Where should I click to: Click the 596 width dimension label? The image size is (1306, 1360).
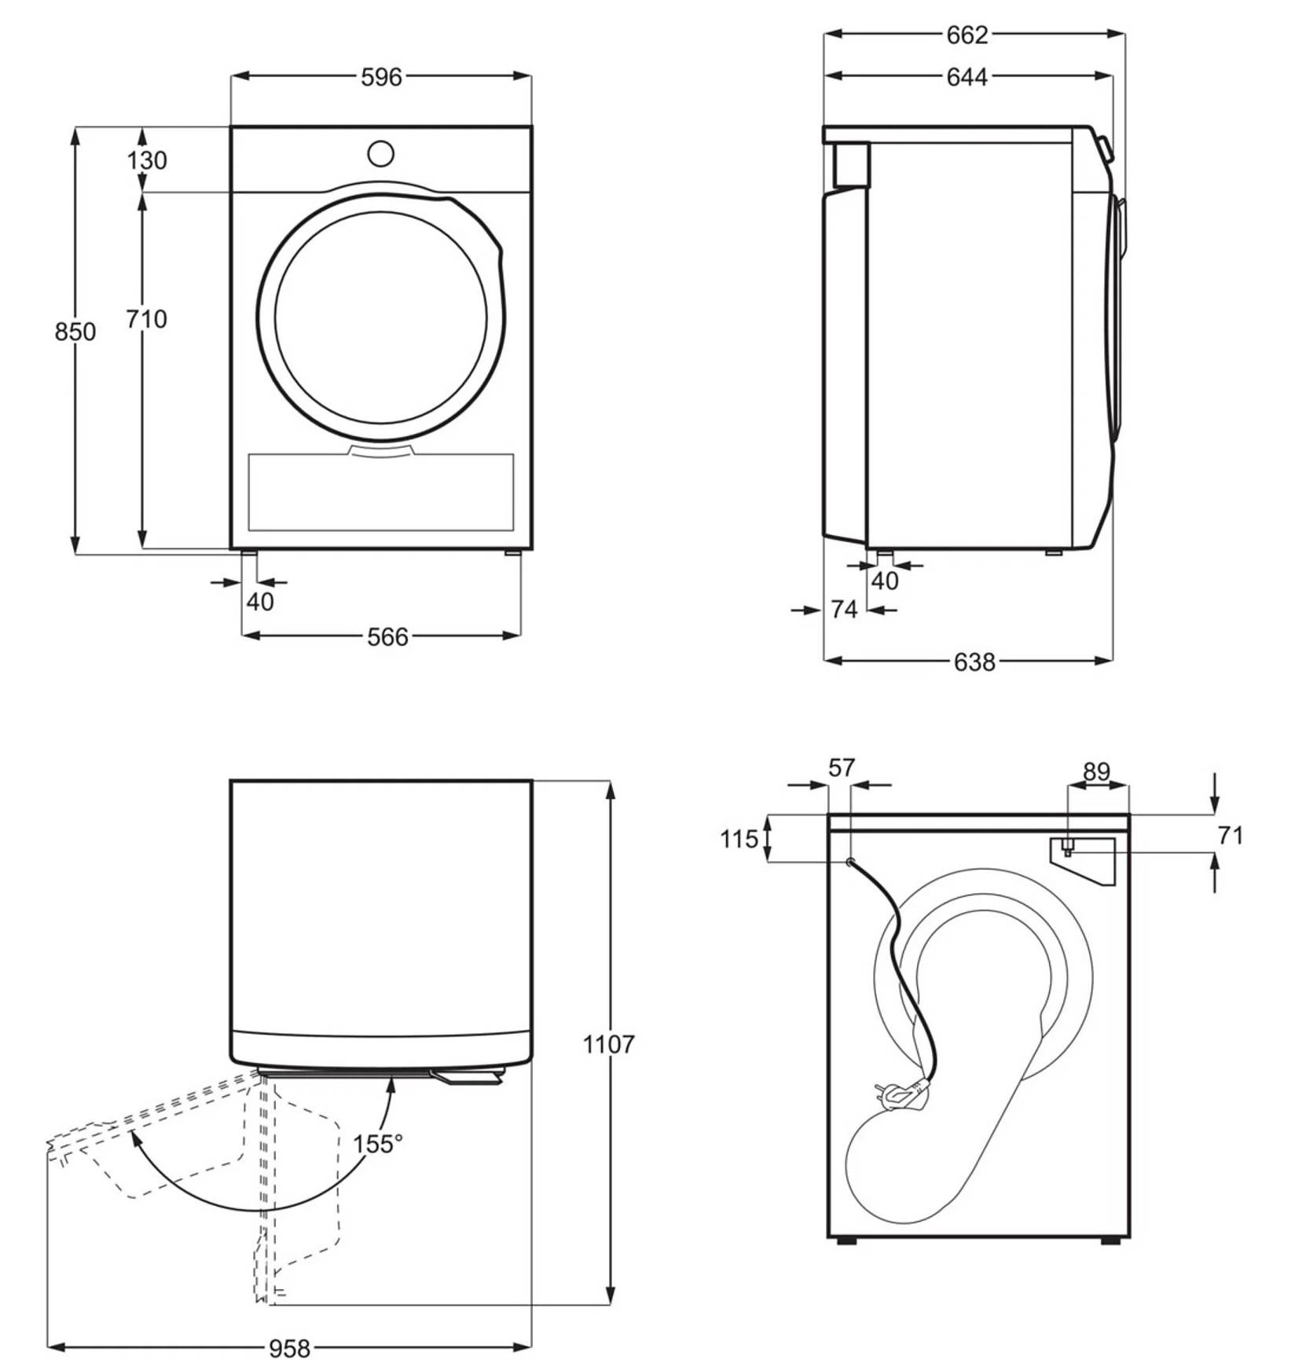pyautogui.click(x=381, y=77)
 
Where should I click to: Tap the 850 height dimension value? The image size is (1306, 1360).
pyautogui.click(x=75, y=332)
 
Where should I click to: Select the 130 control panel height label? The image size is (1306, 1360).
pyautogui.click(x=147, y=160)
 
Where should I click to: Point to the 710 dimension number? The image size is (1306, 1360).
pyautogui.click(x=147, y=319)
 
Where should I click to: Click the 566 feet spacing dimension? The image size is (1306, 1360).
pyautogui.click(x=387, y=636)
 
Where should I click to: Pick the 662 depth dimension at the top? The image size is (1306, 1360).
pyautogui.click(x=967, y=35)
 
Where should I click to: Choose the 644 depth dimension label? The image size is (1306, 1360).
pyautogui.click(x=967, y=77)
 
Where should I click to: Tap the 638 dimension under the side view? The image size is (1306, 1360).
pyautogui.click(x=974, y=662)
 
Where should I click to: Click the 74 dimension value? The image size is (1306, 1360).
pyautogui.click(x=844, y=609)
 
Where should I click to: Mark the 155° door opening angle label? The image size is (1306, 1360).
pyautogui.click(x=377, y=1144)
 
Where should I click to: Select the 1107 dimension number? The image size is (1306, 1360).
pyautogui.click(x=608, y=1044)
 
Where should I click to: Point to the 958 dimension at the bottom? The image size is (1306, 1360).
pyautogui.click(x=290, y=1348)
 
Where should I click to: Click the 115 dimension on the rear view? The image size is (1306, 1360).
pyautogui.click(x=739, y=839)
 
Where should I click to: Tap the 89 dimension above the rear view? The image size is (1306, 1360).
pyautogui.click(x=1096, y=772)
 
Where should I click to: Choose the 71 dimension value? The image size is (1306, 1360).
pyautogui.click(x=1230, y=835)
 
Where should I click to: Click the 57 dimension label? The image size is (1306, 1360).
pyautogui.click(x=841, y=768)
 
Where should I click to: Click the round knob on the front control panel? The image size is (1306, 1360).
pyautogui.click(x=381, y=154)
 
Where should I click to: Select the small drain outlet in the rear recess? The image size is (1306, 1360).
pyautogui.click(x=1068, y=847)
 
